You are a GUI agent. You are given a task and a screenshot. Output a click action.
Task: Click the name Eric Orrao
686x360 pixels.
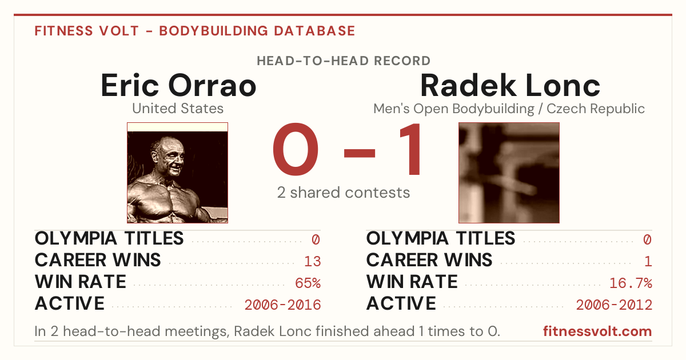pos(178,85)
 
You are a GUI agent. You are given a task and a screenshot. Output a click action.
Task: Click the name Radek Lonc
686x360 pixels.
pos(510,85)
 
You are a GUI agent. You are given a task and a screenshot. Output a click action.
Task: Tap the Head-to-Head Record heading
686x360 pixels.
pos(344,61)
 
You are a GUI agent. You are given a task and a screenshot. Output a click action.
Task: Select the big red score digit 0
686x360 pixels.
pos(296,149)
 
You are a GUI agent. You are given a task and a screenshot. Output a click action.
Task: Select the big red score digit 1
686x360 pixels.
pos(410,149)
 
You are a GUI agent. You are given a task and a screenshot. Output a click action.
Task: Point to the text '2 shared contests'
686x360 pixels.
pos(344,193)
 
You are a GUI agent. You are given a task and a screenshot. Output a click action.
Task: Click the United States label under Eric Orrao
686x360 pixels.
pos(178,109)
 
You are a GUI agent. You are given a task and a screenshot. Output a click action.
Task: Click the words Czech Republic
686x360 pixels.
pos(596,109)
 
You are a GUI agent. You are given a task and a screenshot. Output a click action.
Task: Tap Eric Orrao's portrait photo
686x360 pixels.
pos(177,173)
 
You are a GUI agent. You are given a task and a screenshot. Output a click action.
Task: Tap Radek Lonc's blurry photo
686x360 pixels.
pos(509,173)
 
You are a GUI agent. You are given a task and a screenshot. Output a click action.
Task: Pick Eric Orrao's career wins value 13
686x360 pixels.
pos(312,261)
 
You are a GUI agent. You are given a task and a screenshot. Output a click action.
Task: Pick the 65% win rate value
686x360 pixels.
pos(308,283)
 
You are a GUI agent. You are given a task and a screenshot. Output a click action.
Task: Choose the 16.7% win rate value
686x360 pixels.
pos(631,283)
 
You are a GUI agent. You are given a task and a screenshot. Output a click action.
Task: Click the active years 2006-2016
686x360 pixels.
pos(282,305)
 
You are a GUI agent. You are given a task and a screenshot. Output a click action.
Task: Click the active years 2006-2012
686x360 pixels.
pos(614,305)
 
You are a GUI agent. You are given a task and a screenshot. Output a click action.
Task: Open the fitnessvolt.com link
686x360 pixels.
pos(597,331)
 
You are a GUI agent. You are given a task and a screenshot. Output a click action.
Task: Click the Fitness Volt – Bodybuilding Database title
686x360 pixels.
pos(195,31)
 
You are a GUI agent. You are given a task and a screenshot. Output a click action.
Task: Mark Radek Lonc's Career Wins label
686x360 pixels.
pos(429,260)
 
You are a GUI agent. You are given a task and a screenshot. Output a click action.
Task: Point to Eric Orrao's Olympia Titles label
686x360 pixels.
pos(109,238)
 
